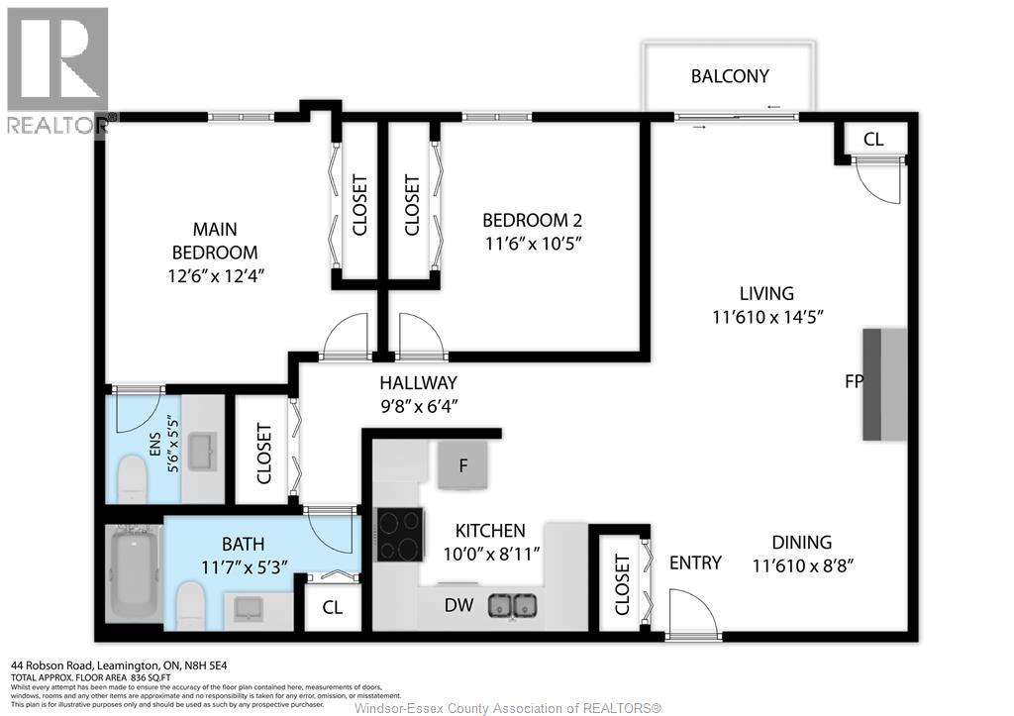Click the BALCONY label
[x=730, y=76]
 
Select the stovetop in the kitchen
[x=399, y=535]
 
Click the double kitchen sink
[x=513, y=603]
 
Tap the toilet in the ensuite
[x=132, y=480]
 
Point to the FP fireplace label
[x=853, y=382]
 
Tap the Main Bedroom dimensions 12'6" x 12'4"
[x=214, y=275]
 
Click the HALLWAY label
[x=418, y=383]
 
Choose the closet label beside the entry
[x=622, y=584]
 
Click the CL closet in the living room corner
[x=872, y=140]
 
